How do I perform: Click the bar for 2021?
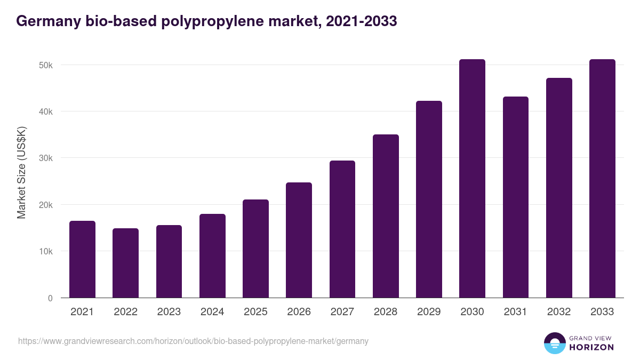click(x=82, y=259)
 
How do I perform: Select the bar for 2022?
click(x=125, y=263)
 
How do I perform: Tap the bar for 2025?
click(x=255, y=249)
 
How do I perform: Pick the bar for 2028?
click(x=386, y=216)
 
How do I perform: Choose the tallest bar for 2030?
click(x=472, y=179)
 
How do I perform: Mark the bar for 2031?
click(x=516, y=197)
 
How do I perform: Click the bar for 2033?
click(x=602, y=179)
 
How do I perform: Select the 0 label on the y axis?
click(x=50, y=298)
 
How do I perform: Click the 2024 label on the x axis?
click(x=212, y=312)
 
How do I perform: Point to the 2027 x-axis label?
click(x=342, y=312)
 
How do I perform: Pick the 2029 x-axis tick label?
click(x=429, y=312)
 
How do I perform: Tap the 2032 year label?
click(x=559, y=312)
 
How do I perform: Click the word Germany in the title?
click(x=47, y=21)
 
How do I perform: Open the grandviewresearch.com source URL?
click(x=193, y=341)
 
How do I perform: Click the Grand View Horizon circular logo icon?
click(x=554, y=343)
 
